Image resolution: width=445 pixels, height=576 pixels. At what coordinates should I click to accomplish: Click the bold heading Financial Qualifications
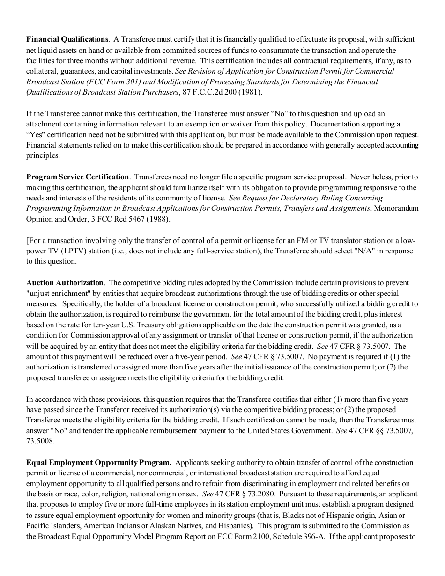pyautogui.click(x=67, y=39)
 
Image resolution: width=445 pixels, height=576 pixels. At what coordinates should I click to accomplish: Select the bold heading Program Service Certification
pyautogui.click(x=77, y=177)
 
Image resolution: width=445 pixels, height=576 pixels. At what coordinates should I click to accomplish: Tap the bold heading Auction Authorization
pyautogui.click(x=65, y=283)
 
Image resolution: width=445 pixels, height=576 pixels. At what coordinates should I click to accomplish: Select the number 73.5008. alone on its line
pyautogui.click(x=40, y=441)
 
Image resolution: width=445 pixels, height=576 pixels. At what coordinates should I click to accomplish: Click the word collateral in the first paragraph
pyautogui.click(x=43, y=71)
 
